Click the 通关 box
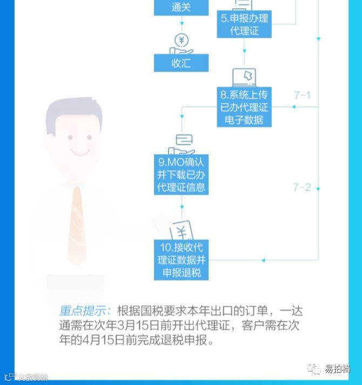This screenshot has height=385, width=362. coord(181,8)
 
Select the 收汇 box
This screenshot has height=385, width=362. coord(181,63)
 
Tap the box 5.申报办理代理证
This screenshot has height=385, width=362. coord(244,24)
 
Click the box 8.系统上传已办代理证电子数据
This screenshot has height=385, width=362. coord(244,107)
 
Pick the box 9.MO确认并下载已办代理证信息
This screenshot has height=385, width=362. coord(181,175)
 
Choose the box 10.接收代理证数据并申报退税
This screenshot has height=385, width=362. coord(181,260)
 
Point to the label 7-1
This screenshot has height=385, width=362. coord(302,95)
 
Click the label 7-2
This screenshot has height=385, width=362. coord(302,188)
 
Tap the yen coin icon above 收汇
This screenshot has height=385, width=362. coord(182,41)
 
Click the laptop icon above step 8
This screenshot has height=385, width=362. coord(244,77)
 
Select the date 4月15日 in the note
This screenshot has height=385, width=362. coord(101,341)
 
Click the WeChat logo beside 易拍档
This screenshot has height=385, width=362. coord(314,368)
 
